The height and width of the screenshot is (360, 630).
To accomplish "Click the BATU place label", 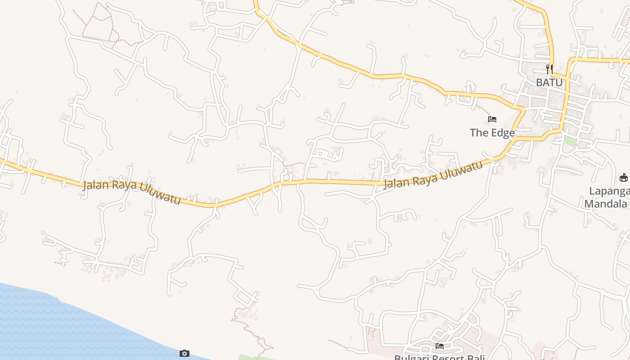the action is tap(549, 83).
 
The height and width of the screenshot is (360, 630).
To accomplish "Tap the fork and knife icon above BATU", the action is tap(549, 69).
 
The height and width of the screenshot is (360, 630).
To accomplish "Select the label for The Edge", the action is tap(492, 133).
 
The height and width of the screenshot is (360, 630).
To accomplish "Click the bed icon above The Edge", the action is tap(492, 119).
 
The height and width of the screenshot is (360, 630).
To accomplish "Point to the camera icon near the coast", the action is tap(184, 353).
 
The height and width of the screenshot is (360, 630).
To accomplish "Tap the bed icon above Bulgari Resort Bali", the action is tap(440, 346).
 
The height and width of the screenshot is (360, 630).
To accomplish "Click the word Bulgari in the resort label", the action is tap(410, 358).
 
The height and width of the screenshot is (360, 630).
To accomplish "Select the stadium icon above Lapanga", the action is tap(624, 177).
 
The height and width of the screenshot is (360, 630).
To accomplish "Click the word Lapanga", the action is tap(610, 191).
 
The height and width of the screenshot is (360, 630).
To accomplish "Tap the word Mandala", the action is tap(605, 204).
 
